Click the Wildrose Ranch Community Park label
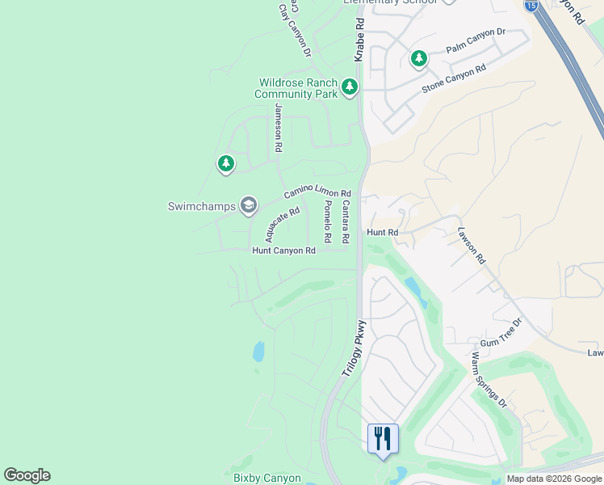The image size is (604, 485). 296,88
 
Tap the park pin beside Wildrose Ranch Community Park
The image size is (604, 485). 349,86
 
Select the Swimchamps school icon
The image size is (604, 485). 248,205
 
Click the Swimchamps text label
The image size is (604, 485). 201,206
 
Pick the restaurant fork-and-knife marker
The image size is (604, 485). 383,439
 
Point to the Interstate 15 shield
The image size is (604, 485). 531,6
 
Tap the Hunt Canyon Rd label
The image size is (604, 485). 283,251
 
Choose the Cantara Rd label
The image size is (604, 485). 345,223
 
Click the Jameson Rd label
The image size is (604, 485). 278,129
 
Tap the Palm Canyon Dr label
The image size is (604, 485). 476,41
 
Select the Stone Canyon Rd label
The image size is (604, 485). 454,79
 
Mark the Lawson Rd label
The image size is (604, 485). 472,245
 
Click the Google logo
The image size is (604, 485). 27,475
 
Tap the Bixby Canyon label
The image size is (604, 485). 267,479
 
